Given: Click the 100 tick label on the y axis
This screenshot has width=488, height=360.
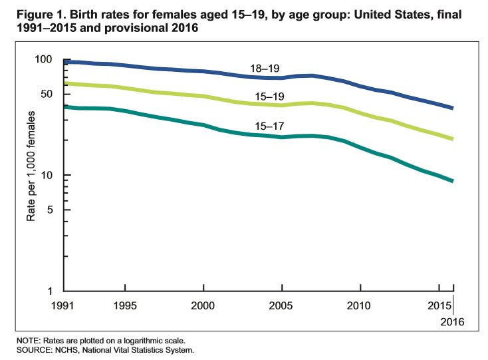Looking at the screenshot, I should click(43, 59).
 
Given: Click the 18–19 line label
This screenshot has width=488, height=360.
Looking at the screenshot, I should click(263, 68).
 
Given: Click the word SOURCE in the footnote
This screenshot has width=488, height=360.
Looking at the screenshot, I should click(31, 349).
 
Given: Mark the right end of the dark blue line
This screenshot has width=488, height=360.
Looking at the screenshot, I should click(453, 108).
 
